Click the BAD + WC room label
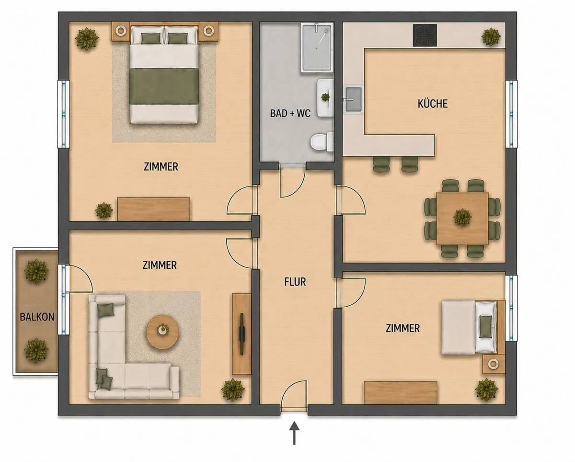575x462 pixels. (x=290, y=113)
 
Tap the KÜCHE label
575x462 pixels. (x=433, y=104)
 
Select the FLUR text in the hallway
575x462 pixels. (x=295, y=282)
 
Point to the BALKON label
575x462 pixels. (x=37, y=317)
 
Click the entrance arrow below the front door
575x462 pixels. (x=294, y=433)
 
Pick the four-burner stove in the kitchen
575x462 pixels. (x=425, y=35)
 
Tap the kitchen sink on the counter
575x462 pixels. (x=354, y=99)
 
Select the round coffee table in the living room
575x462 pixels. (x=162, y=332)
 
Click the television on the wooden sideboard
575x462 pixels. (x=242, y=334)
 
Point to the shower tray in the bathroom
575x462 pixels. (x=317, y=48)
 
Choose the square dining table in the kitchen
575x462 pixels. (x=462, y=218)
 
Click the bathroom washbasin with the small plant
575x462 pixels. (x=325, y=98)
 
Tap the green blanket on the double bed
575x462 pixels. (x=164, y=86)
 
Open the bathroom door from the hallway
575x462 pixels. (x=292, y=181)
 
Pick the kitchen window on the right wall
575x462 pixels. (x=511, y=114)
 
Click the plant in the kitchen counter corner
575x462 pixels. (x=491, y=36)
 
